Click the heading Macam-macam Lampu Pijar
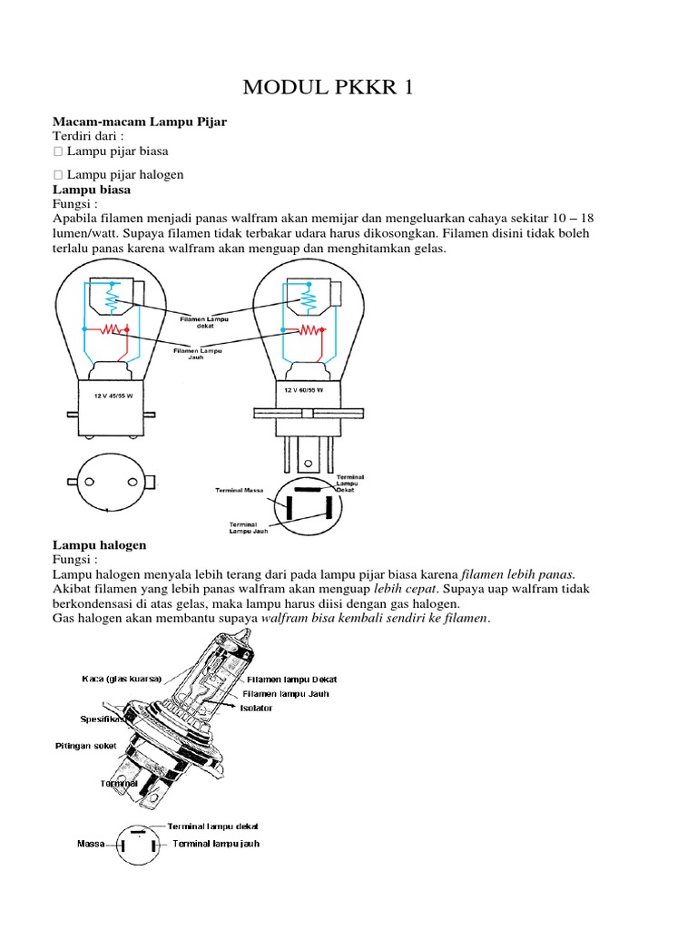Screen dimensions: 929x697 (140, 121)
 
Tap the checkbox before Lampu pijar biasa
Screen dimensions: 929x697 (58, 152)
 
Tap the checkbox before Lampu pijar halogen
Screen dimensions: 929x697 (58, 174)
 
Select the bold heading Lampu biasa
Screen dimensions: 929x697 (92, 190)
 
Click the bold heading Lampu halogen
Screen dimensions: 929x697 (99, 545)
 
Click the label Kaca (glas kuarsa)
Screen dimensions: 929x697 (121, 679)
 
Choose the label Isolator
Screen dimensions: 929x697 (256, 708)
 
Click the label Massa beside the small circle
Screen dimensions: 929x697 (92, 845)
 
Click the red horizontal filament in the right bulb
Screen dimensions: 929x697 (310, 330)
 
